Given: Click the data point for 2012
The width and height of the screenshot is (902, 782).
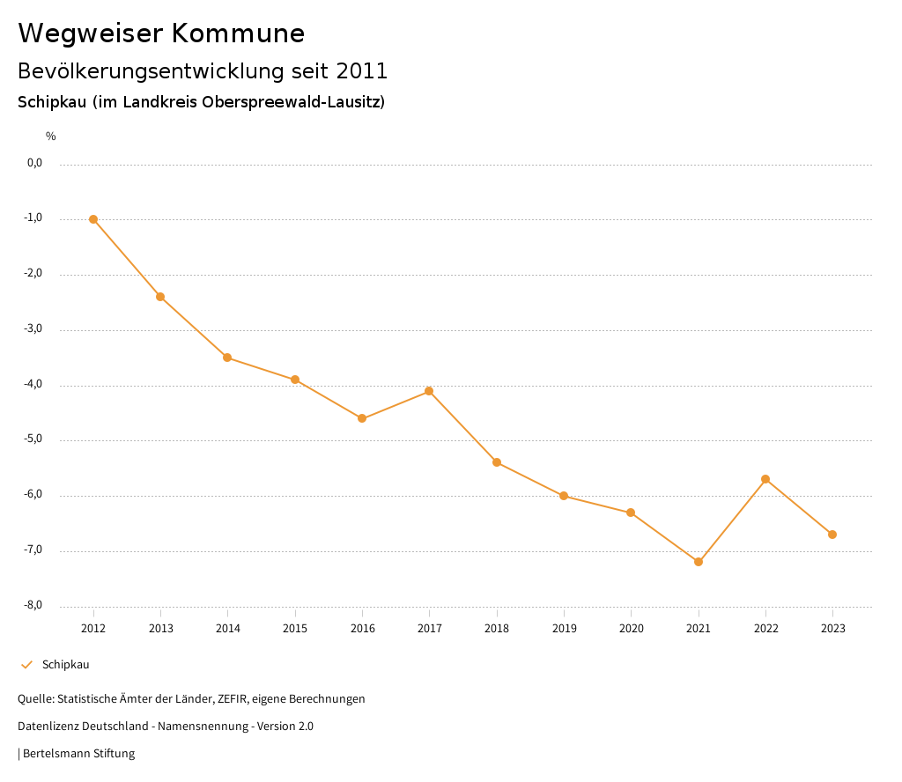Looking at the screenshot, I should pyautogui.click(x=93, y=219).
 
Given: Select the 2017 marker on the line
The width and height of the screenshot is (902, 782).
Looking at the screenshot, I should pyautogui.click(x=429, y=391).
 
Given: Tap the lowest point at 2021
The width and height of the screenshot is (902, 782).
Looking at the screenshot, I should pyautogui.click(x=699, y=562).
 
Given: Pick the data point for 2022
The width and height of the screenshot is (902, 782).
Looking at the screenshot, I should pyautogui.click(x=765, y=479).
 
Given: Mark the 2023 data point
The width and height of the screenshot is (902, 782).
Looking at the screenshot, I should pyautogui.click(x=832, y=535).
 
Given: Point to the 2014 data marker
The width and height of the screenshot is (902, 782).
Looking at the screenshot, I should pyautogui.click(x=227, y=358).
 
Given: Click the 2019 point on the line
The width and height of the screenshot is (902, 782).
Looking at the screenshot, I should pyautogui.click(x=564, y=496).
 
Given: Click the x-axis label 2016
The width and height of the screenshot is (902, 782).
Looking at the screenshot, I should pyautogui.click(x=362, y=629).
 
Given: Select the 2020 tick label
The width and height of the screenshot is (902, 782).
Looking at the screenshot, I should pyautogui.click(x=631, y=629).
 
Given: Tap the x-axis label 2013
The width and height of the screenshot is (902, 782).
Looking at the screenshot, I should pyautogui.click(x=160, y=629).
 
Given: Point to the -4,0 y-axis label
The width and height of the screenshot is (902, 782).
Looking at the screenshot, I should pyautogui.click(x=33, y=384).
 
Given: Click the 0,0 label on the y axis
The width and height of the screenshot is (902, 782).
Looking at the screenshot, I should pyautogui.click(x=35, y=163).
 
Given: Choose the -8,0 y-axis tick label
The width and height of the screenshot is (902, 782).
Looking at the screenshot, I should pyautogui.click(x=33, y=605).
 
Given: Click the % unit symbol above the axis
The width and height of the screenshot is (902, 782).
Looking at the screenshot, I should pyautogui.click(x=51, y=136).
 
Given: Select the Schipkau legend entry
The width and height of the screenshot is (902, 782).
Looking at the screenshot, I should pyautogui.click(x=65, y=665).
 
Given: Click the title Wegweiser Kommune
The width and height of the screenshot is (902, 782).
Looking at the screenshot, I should pyautogui.click(x=161, y=33).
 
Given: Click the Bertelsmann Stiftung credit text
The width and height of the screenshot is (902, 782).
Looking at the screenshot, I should pyautogui.click(x=78, y=754).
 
